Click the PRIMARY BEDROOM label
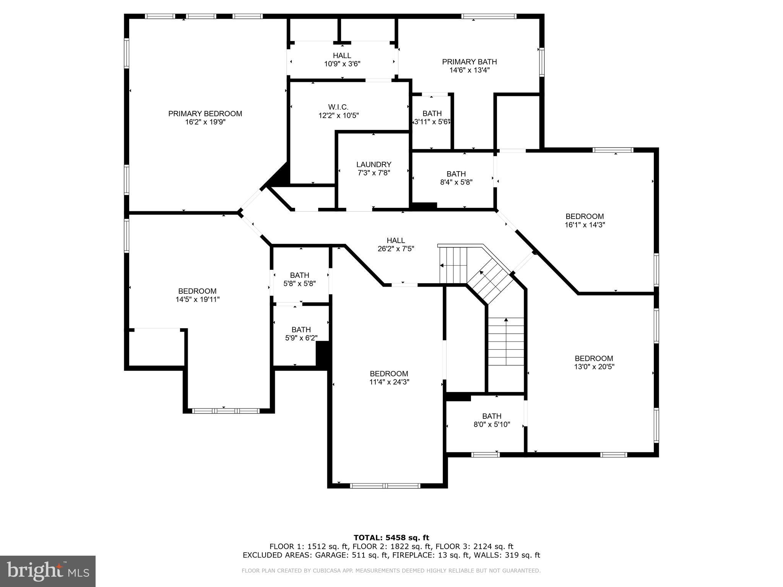(205, 114)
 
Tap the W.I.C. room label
(338, 107)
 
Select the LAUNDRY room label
(374, 164)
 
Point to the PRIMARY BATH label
(469, 62)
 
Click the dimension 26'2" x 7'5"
(396, 249)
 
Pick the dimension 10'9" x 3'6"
(342, 64)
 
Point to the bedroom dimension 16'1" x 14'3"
(585, 225)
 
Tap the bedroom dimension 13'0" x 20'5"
(594, 367)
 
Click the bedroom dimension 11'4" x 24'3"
(389, 382)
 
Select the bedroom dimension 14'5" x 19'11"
(197, 300)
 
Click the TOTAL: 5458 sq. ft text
(391, 538)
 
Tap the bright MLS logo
(47, 571)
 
